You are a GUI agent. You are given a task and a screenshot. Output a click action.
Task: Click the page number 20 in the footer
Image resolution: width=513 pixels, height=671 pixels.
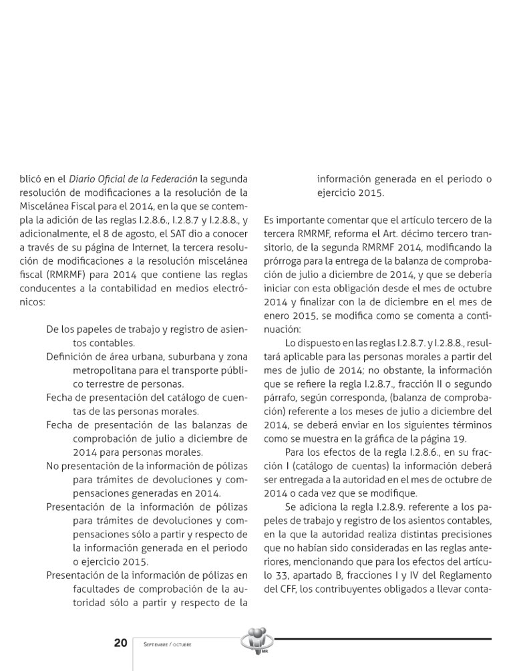120,643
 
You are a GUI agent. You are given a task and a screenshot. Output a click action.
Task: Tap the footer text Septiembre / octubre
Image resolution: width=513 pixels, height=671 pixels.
167,644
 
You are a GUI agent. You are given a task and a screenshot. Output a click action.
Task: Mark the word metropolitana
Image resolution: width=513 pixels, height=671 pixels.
107,370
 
